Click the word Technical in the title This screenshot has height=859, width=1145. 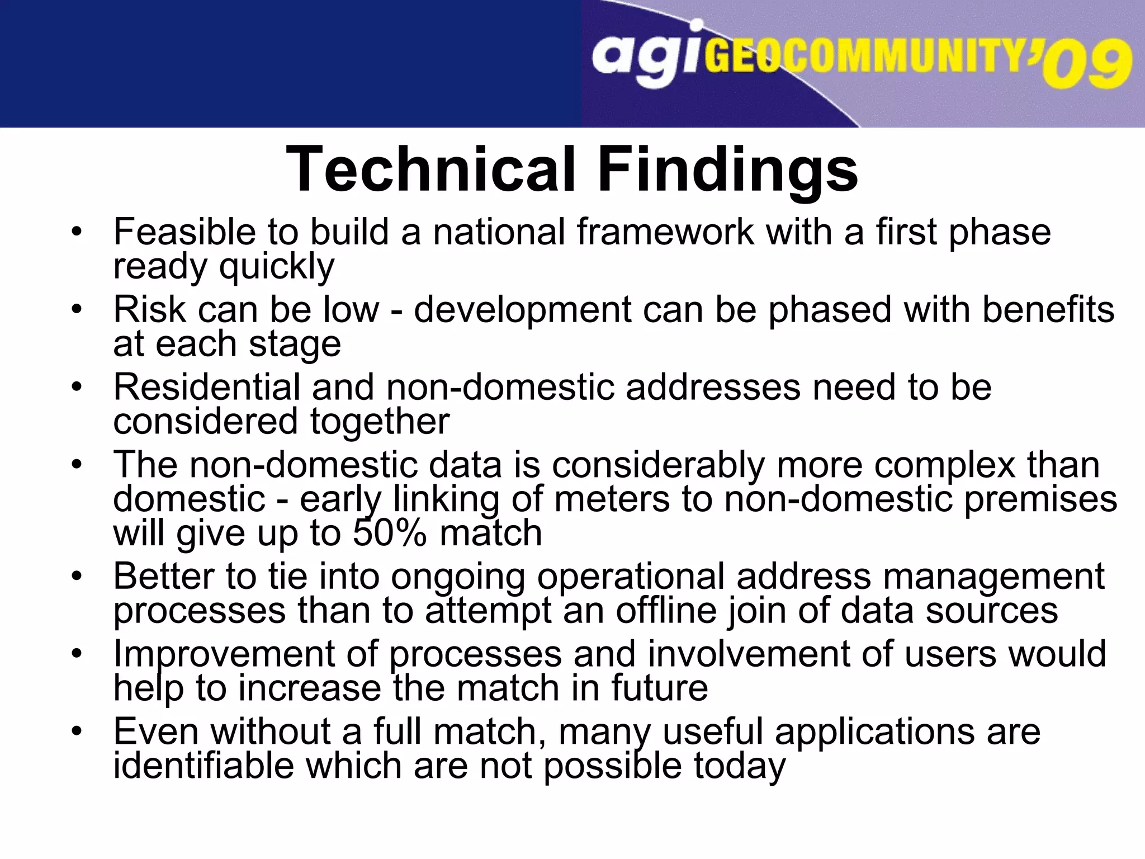click(430, 169)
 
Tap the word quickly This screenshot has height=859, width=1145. click(277, 266)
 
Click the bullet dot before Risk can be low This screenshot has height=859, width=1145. click(77, 309)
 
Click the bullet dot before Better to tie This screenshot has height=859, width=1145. click(77, 575)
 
